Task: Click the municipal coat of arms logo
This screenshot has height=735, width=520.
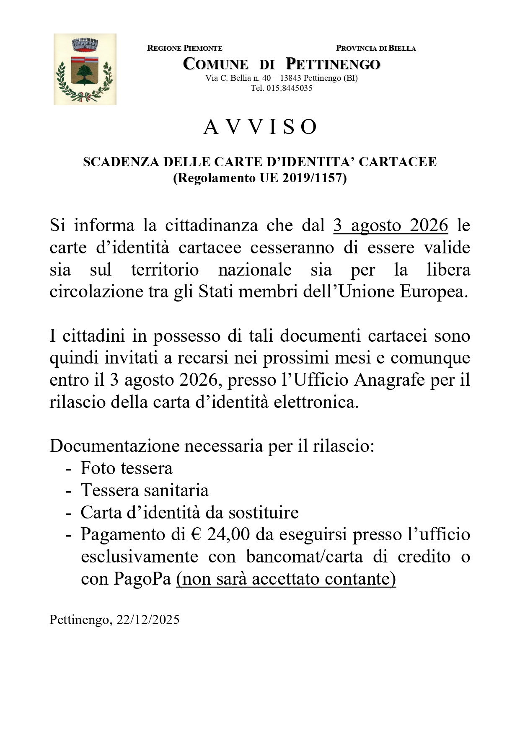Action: (x=85, y=69)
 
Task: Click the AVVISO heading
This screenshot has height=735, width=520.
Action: (x=260, y=127)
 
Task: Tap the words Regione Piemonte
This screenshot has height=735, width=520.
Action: (x=185, y=48)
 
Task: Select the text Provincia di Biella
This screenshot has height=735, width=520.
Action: (x=376, y=48)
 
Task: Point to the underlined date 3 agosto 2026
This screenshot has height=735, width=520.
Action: (x=391, y=225)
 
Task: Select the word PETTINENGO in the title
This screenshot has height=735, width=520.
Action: (x=333, y=64)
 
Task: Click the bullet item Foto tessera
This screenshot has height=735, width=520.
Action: (x=127, y=468)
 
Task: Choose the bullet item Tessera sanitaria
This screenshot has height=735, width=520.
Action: (x=145, y=490)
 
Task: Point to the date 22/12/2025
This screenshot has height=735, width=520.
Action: (x=148, y=620)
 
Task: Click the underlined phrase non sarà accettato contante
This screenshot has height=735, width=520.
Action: (x=286, y=579)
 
